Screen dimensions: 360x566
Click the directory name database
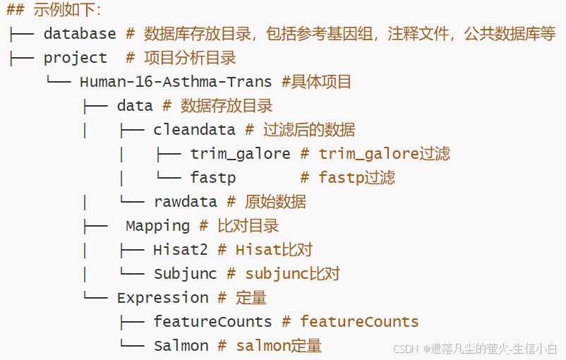tap(80, 34)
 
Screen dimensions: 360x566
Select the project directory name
tap(76, 58)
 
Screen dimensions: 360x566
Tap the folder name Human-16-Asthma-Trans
tap(176, 82)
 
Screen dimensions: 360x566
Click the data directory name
tap(135, 106)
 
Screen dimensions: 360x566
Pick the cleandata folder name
tap(194, 130)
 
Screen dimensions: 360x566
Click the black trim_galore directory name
tap(240, 154)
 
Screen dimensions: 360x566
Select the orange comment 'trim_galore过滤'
tap(384, 154)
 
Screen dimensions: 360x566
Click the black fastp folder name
tap(212, 178)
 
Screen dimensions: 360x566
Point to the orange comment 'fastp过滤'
tap(356, 178)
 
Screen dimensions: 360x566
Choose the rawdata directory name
tap(185, 202)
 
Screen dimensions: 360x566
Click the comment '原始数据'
tap(275, 202)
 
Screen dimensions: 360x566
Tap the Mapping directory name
tap(157, 226)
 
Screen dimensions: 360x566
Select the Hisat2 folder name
tap(180, 250)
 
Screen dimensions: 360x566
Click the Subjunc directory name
tap(185, 274)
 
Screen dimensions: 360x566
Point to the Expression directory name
tap(162, 298)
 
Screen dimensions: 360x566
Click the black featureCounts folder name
tap(212, 322)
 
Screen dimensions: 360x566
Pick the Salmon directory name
tap(181, 346)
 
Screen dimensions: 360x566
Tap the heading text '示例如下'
tap(67, 10)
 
